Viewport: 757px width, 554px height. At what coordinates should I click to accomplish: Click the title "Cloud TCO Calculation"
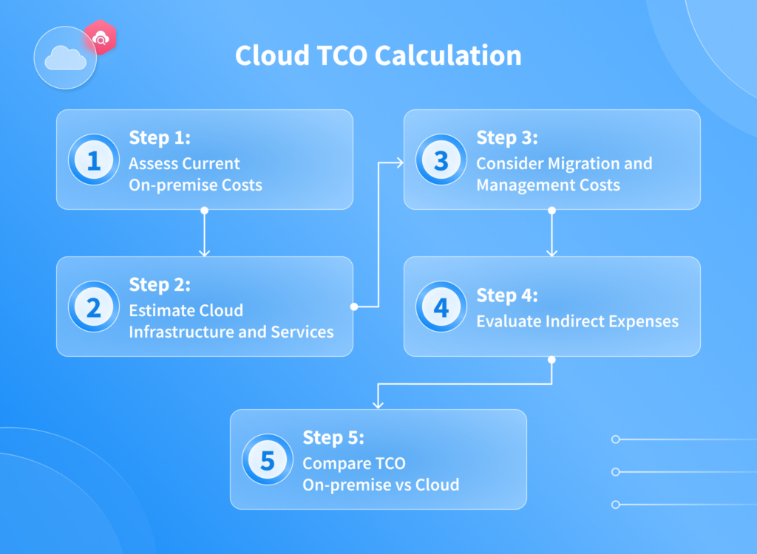pos(378,56)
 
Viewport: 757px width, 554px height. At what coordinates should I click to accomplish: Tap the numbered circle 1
pos(94,160)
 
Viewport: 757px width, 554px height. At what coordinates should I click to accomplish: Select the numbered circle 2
pos(94,307)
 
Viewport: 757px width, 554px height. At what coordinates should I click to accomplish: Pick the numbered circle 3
pos(441,160)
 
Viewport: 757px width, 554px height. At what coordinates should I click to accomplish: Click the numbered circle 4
pos(441,307)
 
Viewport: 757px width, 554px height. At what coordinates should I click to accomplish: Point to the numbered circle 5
pos(268,460)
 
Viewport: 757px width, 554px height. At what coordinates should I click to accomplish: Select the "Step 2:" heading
pos(160,284)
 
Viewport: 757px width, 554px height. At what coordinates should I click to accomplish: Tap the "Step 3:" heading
pos(507,138)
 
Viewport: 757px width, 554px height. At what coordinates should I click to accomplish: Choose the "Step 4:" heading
pos(507,295)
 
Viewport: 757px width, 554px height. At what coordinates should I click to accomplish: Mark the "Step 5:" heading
pos(333,437)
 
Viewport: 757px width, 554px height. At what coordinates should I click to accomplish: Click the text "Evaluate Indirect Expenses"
pos(577,321)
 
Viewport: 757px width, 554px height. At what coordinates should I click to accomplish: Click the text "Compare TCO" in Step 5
pos(354,463)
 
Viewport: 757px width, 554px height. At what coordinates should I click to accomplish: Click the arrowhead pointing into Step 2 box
pos(205,253)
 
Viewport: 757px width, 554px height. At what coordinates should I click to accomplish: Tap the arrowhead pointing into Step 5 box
pos(378,405)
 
